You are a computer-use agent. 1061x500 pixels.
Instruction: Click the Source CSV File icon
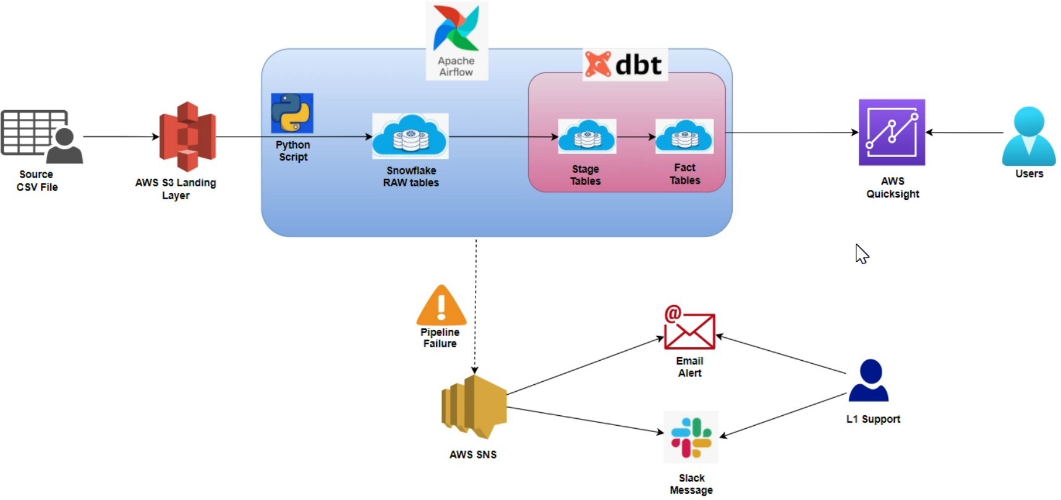pos(41,136)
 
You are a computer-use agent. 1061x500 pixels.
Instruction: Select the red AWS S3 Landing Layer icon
pos(187,136)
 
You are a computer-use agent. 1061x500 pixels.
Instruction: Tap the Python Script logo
pos(292,113)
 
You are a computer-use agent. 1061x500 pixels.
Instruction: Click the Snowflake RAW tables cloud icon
pos(411,136)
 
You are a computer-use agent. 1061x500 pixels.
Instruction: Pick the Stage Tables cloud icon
pos(587,136)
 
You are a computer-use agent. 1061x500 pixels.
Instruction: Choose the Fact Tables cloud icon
pos(684,136)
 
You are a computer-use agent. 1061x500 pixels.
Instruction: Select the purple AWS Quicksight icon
pos(892,132)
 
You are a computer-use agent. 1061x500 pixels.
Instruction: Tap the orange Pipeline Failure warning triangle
pos(441,306)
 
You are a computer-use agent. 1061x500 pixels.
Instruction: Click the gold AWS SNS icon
pos(474,407)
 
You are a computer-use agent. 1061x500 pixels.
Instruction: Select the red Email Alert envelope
pos(689,329)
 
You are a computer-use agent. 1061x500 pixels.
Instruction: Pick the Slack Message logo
pos(691,437)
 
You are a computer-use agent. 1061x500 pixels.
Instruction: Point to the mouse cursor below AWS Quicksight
pos(861,253)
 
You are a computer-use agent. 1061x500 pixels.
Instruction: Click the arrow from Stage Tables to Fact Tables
pos(636,137)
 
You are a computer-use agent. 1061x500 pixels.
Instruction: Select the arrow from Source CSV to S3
pos(121,137)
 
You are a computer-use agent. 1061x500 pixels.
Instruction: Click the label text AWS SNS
pos(473,454)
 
